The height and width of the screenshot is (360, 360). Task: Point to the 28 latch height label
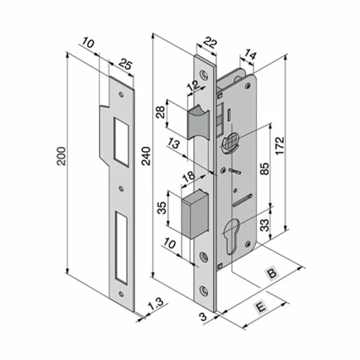click(161, 112)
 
